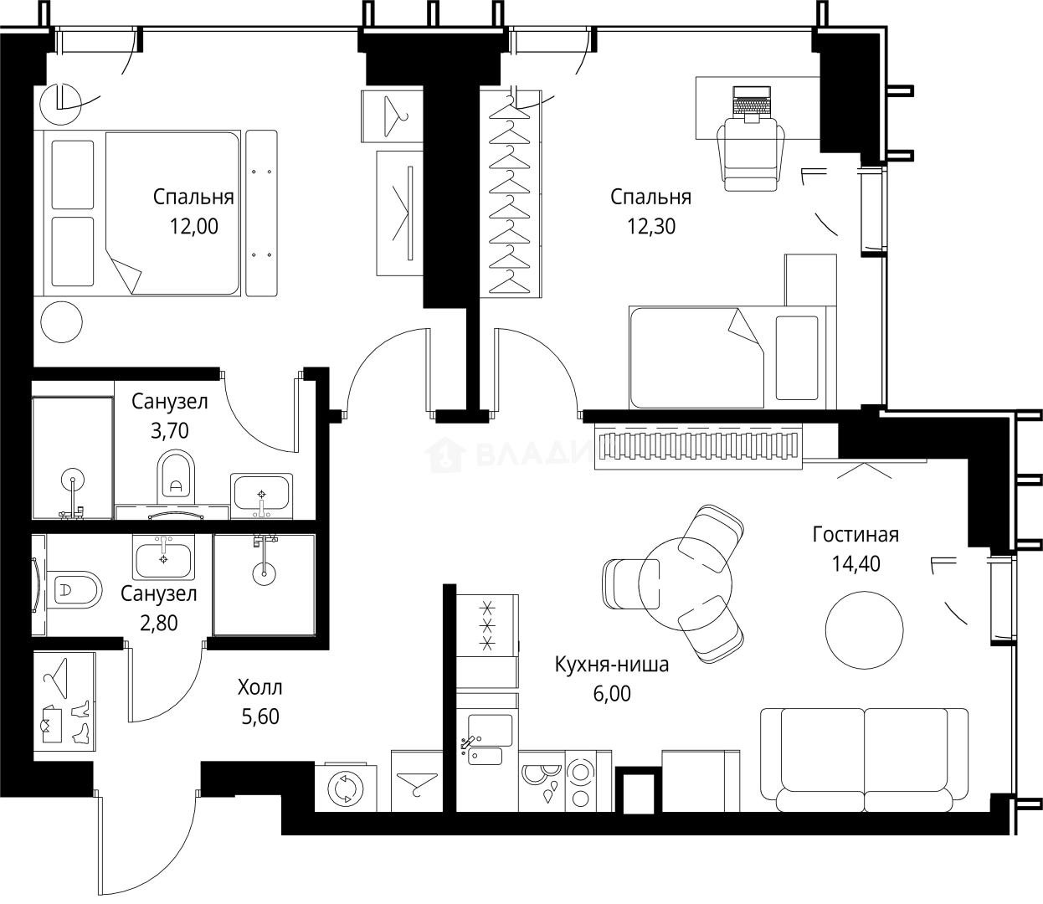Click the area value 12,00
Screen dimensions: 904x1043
coord(193,226)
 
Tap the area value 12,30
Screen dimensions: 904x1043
coord(650,226)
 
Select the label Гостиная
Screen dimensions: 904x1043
coord(855,535)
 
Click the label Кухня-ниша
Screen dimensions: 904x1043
coord(611,665)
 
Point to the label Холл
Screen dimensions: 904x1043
coord(259,688)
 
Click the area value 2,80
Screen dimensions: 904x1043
coord(159,623)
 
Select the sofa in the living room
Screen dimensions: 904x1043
coord(864,760)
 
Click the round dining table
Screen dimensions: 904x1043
coord(685,583)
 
